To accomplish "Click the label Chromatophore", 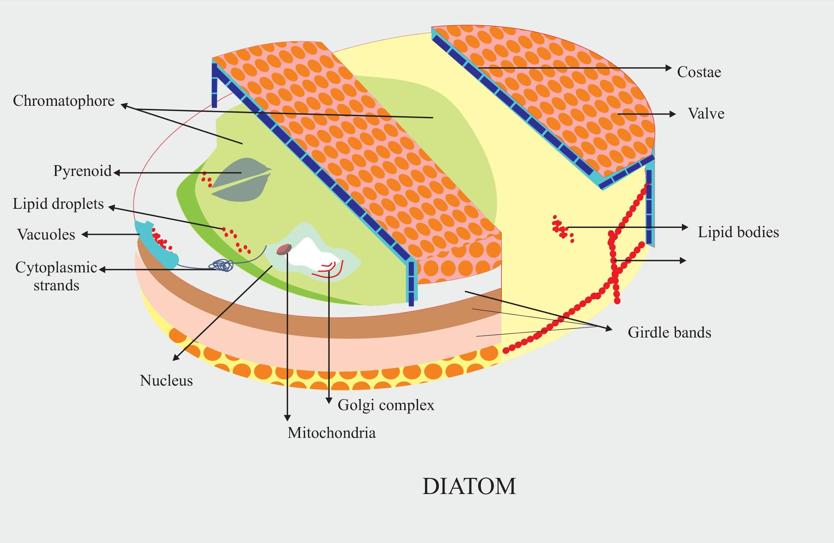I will click(64, 101).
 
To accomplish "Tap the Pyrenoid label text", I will click(82, 171).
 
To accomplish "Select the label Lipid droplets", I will click(58, 204).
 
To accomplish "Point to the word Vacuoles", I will click(46, 234).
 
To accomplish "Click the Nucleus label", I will click(166, 381).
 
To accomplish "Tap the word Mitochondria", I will click(332, 433).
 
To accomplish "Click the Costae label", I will click(699, 72).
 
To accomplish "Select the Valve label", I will click(706, 113).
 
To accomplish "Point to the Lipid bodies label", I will click(738, 232).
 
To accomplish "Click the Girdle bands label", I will click(669, 332).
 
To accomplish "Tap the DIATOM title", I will click(469, 486).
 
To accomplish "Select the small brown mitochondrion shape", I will click(284, 249).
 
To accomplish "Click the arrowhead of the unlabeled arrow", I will click(683, 260).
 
